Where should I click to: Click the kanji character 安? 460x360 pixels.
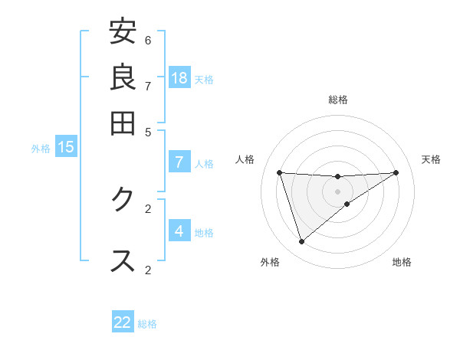click(123, 31)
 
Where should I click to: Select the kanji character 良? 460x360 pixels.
click(123, 77)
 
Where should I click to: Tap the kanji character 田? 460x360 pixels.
click(123, 123)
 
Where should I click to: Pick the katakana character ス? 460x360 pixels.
click(123, 260)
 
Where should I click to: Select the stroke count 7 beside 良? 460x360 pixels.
click(148, 86)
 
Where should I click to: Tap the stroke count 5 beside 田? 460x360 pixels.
click(148, 132)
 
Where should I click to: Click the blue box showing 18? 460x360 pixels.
click(179, 77)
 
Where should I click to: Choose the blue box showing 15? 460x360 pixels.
click(65, 147)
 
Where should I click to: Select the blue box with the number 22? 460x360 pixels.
click(123, 322)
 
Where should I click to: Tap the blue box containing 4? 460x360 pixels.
click(179, 231)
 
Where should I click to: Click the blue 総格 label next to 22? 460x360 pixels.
click(147, 324)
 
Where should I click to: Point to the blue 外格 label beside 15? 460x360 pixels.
click(41, 149)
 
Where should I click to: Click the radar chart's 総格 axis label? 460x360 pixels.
click(338, 100)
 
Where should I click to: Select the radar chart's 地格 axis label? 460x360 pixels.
click(402, 262)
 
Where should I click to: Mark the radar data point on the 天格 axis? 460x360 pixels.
click(396, 172)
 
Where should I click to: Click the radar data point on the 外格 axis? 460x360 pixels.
click(301, 242)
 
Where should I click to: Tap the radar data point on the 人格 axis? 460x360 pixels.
click(280, 172)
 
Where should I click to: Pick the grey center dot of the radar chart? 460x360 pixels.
click(338, 191)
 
